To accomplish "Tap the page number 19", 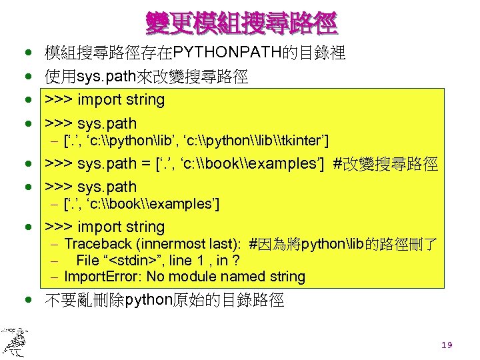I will (x=447, y=345).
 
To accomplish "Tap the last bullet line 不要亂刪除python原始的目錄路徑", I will (x=164, y=301).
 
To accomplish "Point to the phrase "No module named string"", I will (x=227, y=277).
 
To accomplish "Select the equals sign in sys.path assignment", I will (x=144, y=164).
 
